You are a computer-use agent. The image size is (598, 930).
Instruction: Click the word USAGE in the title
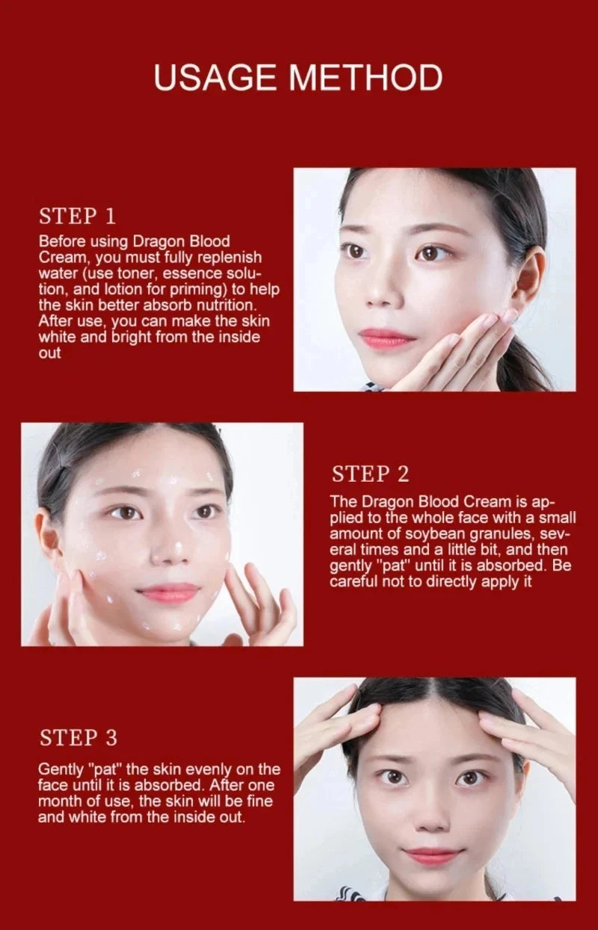coord(215,78)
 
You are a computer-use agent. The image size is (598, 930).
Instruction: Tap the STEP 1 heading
coord(77,217)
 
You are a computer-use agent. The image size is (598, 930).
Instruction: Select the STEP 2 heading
coord(371,474)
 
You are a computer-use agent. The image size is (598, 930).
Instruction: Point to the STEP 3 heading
coord(78,738)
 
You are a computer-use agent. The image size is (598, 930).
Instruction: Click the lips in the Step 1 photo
coord(386,339)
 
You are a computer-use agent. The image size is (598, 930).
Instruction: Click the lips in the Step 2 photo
coord(168,594)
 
